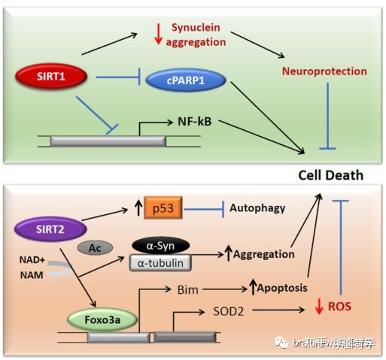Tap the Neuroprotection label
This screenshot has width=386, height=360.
click(x=324, y=71)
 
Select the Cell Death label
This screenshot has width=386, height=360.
click(x=330, y=175)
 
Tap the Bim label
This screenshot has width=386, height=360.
click(x=186, y=288)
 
